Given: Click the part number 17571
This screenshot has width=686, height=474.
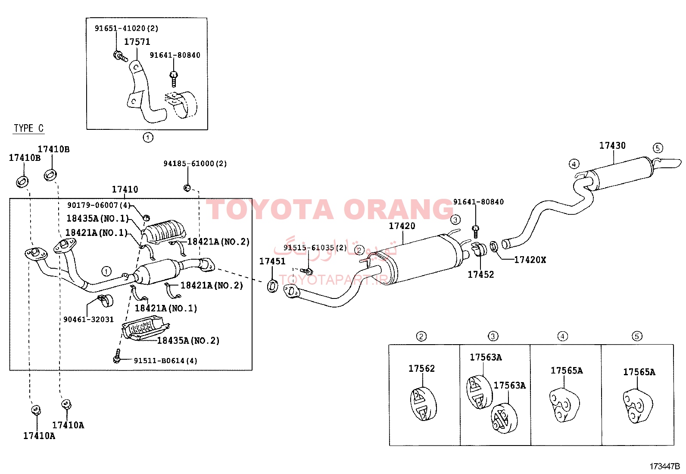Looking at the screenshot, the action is pos(137,42).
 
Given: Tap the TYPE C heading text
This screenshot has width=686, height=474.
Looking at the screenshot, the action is pos(29,128).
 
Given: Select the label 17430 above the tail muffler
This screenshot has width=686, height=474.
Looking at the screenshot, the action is pos(612,145).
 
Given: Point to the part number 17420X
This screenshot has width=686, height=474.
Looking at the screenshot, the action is pos(530,260).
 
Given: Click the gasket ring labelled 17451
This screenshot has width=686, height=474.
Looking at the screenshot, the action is pos(272,286).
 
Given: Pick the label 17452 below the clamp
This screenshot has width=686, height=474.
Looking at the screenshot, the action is pos(481,274).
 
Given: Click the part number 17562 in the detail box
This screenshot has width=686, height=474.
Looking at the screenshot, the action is pos(422,368).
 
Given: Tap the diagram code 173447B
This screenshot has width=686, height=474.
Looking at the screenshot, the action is pos(664,466).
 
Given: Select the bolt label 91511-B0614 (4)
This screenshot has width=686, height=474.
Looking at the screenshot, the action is pos(165,361).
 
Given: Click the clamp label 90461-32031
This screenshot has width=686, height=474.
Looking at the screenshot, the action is pos(88,320).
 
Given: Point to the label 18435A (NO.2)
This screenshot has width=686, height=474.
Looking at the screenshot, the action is pos(188,340).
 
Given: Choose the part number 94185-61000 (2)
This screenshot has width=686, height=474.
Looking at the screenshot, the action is pos(195,163).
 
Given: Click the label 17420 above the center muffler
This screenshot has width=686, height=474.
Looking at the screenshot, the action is pos(402,226).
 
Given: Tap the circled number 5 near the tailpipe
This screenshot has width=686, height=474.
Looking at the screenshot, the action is pos(658,148).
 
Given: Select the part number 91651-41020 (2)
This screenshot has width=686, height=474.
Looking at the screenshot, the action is pos(127,28).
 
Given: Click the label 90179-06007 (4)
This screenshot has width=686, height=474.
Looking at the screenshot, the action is pos(99,205).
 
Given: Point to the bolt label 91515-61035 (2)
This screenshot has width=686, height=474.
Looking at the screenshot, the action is pos(315,248).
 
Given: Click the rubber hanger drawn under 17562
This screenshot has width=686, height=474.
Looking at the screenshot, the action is pos(423,404).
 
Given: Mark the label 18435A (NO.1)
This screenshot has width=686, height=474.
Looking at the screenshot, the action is pos(98,218).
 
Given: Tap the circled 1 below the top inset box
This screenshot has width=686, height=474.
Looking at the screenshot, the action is pos(148,137).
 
